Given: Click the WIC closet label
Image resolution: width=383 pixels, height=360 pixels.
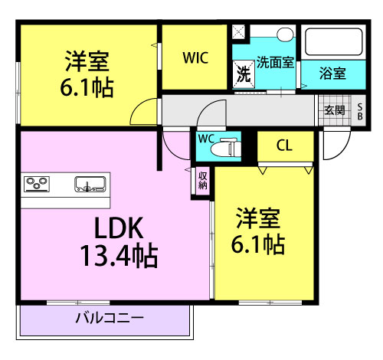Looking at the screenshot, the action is (x=195, y=58).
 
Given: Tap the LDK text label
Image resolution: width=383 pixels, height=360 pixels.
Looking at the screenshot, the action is (x=119, y=228).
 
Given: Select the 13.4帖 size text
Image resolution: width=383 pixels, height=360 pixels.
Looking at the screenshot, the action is (x=119, y=255).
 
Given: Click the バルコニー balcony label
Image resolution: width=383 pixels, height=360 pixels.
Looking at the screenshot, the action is (x=110, y=318).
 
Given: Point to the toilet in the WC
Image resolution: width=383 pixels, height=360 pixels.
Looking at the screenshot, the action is (x=226, y=147).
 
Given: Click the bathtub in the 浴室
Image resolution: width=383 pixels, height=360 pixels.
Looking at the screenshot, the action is (x=333, y=42).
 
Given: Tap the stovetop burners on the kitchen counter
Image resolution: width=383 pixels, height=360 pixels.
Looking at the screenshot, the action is (x=37, y=184).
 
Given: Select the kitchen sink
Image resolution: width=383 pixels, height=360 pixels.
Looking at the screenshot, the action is (x=90, y=184).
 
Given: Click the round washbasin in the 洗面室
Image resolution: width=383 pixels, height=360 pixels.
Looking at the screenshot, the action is (x=285, y=34).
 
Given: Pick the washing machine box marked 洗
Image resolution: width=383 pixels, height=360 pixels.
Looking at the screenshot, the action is (x=244, y=74).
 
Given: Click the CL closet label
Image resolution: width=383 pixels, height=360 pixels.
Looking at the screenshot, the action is (x=284, y=146).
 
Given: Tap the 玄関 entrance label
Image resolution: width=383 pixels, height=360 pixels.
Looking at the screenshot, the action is (x=335, y=110).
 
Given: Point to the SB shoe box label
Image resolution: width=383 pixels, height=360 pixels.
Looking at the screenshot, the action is (x=360, y=111).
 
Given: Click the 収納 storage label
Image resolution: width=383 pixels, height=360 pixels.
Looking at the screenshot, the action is (x=202, y=180).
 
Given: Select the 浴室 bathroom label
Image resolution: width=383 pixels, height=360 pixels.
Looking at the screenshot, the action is (x=332, y=74).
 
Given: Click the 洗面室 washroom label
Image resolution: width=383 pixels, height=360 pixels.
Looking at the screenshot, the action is (x=275, y=62).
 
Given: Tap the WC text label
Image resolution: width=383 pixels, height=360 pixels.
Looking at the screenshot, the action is (x=206, y=139).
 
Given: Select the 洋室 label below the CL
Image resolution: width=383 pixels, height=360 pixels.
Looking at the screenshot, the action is (x=258, y=218).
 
